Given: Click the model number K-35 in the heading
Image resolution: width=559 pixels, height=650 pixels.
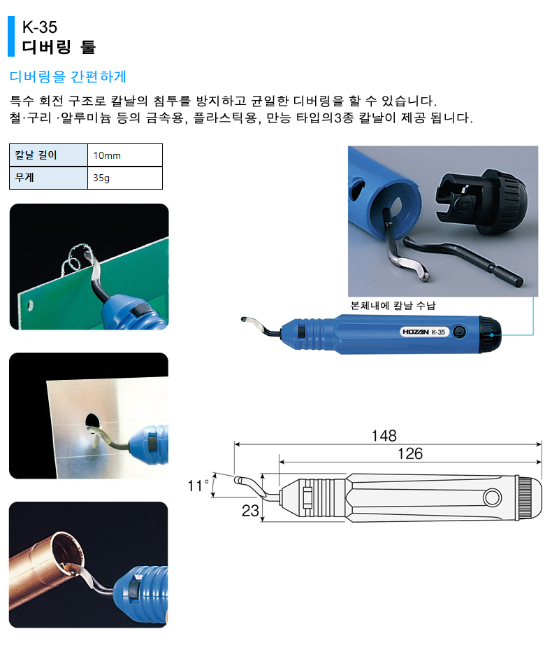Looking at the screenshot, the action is (40, 27).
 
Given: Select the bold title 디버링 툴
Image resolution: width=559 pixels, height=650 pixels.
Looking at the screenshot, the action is (59, 47).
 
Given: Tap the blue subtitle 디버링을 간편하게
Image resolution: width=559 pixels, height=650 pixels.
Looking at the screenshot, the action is (68, 76).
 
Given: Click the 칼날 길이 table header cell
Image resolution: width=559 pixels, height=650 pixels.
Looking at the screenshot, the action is (48, 155).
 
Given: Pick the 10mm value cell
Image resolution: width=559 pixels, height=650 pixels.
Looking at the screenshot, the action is (125, 155).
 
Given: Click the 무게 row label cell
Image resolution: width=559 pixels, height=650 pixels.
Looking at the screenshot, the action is (48, 178).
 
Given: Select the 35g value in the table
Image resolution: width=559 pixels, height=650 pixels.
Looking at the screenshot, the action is (101, 178).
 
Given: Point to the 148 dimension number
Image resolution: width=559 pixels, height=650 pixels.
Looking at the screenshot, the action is (384, 436).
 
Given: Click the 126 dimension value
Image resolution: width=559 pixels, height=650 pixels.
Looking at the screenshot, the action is (410, 453).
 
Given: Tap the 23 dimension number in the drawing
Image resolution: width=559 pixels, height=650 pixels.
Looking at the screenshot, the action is (250, 511).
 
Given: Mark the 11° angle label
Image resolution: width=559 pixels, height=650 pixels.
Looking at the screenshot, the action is (198, 486).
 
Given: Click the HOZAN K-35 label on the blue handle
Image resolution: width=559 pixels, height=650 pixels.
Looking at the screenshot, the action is (423, 332).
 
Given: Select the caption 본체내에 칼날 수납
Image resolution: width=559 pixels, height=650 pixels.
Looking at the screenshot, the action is (393, 306).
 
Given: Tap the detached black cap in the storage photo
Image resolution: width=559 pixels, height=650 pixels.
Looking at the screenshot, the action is (480, 200).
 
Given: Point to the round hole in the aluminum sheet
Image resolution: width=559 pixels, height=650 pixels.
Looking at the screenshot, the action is (93, 423).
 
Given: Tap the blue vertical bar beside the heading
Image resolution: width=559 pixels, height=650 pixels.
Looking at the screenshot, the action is (11, 36).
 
